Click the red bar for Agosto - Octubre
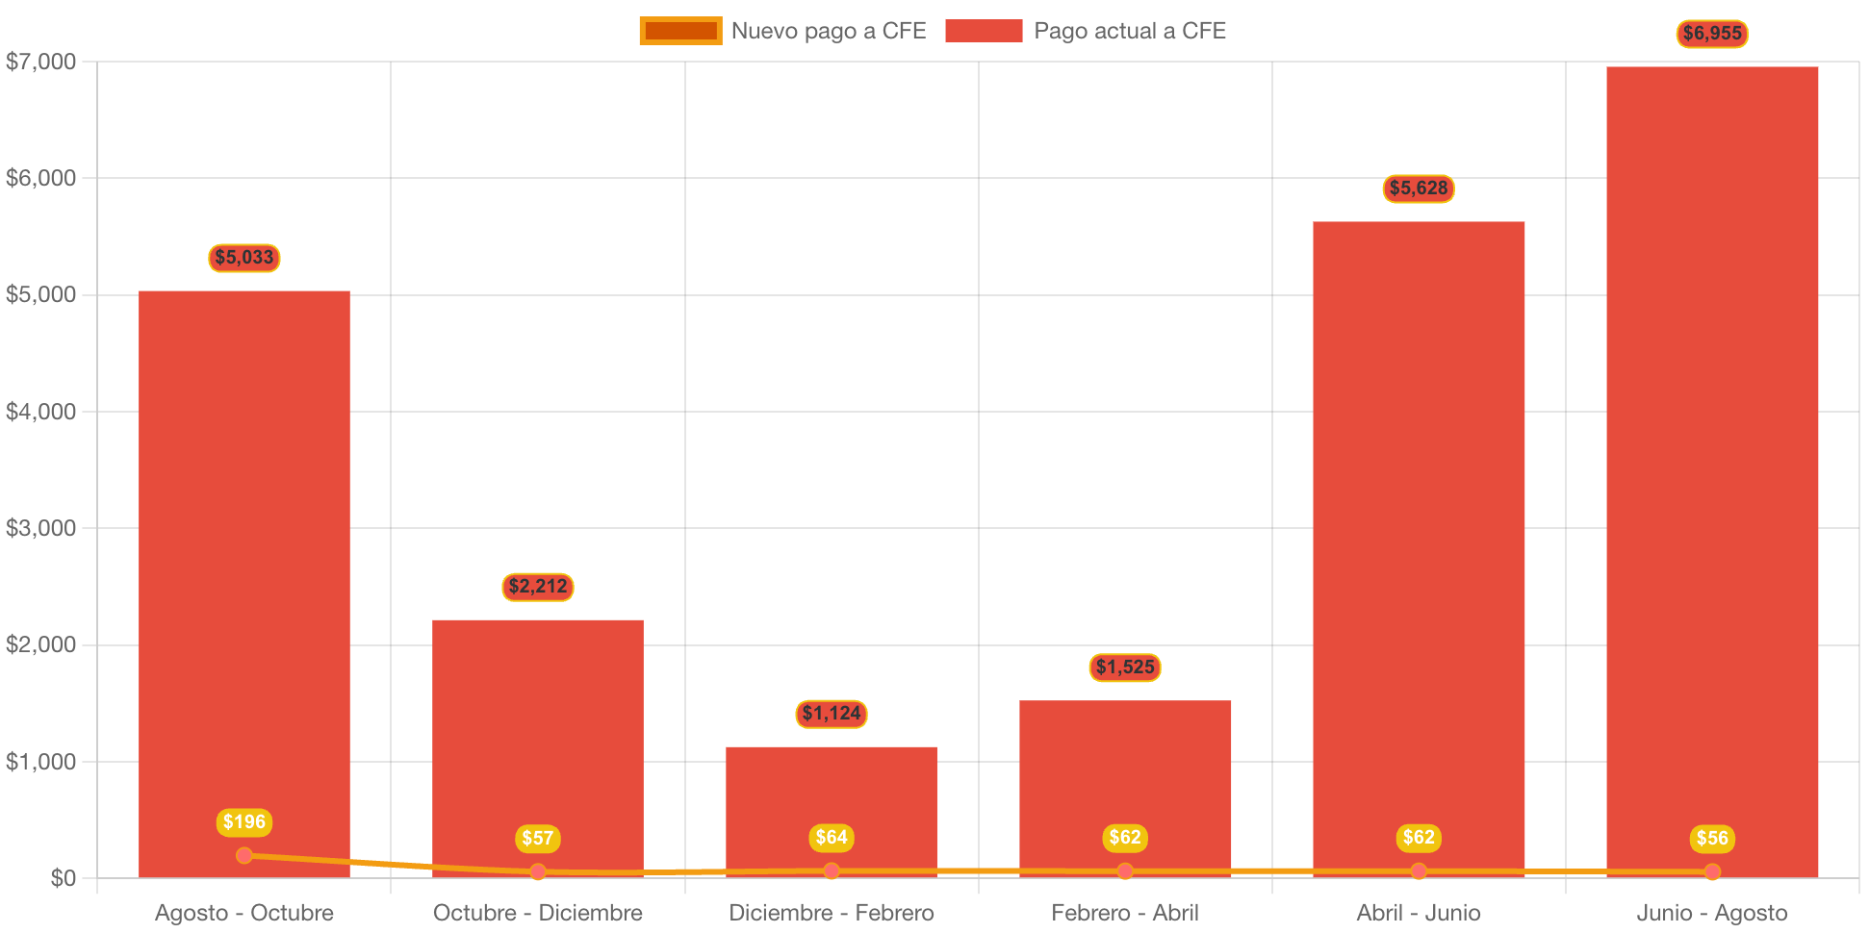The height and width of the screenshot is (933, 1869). [x=243, y=577]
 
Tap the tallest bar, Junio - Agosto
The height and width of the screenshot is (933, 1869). [x=1711, y=462]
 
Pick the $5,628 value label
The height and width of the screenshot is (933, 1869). [x=1418, y=189]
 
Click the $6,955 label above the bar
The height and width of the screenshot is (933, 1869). [x=1711, y=34]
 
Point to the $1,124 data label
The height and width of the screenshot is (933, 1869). [x=831, y=714]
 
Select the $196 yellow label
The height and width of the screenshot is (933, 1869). [x=243, y=822]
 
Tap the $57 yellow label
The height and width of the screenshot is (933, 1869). [x=537, y=839]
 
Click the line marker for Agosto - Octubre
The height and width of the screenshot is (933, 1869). [x=243, y=855]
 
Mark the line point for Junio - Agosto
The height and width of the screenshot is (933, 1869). [x=1711, y=871]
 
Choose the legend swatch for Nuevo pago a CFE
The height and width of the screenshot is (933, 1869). [x=680, y=31]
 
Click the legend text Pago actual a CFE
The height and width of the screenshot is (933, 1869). [x=1129, y=31]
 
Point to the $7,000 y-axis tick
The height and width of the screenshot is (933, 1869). [x=40, y=63]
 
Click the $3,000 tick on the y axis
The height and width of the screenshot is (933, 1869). [x=40, y=528]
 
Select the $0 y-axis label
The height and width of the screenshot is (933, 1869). [x=63, y=878]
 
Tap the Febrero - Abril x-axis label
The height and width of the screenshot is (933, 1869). [x=1124, y=913]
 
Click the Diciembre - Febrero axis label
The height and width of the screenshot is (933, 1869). [x=831, y=913]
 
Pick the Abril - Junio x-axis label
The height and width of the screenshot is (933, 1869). [x=1418, y=913]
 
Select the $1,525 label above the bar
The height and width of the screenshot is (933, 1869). [x=1124, y=668]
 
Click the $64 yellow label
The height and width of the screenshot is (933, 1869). [x=831, y=838]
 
